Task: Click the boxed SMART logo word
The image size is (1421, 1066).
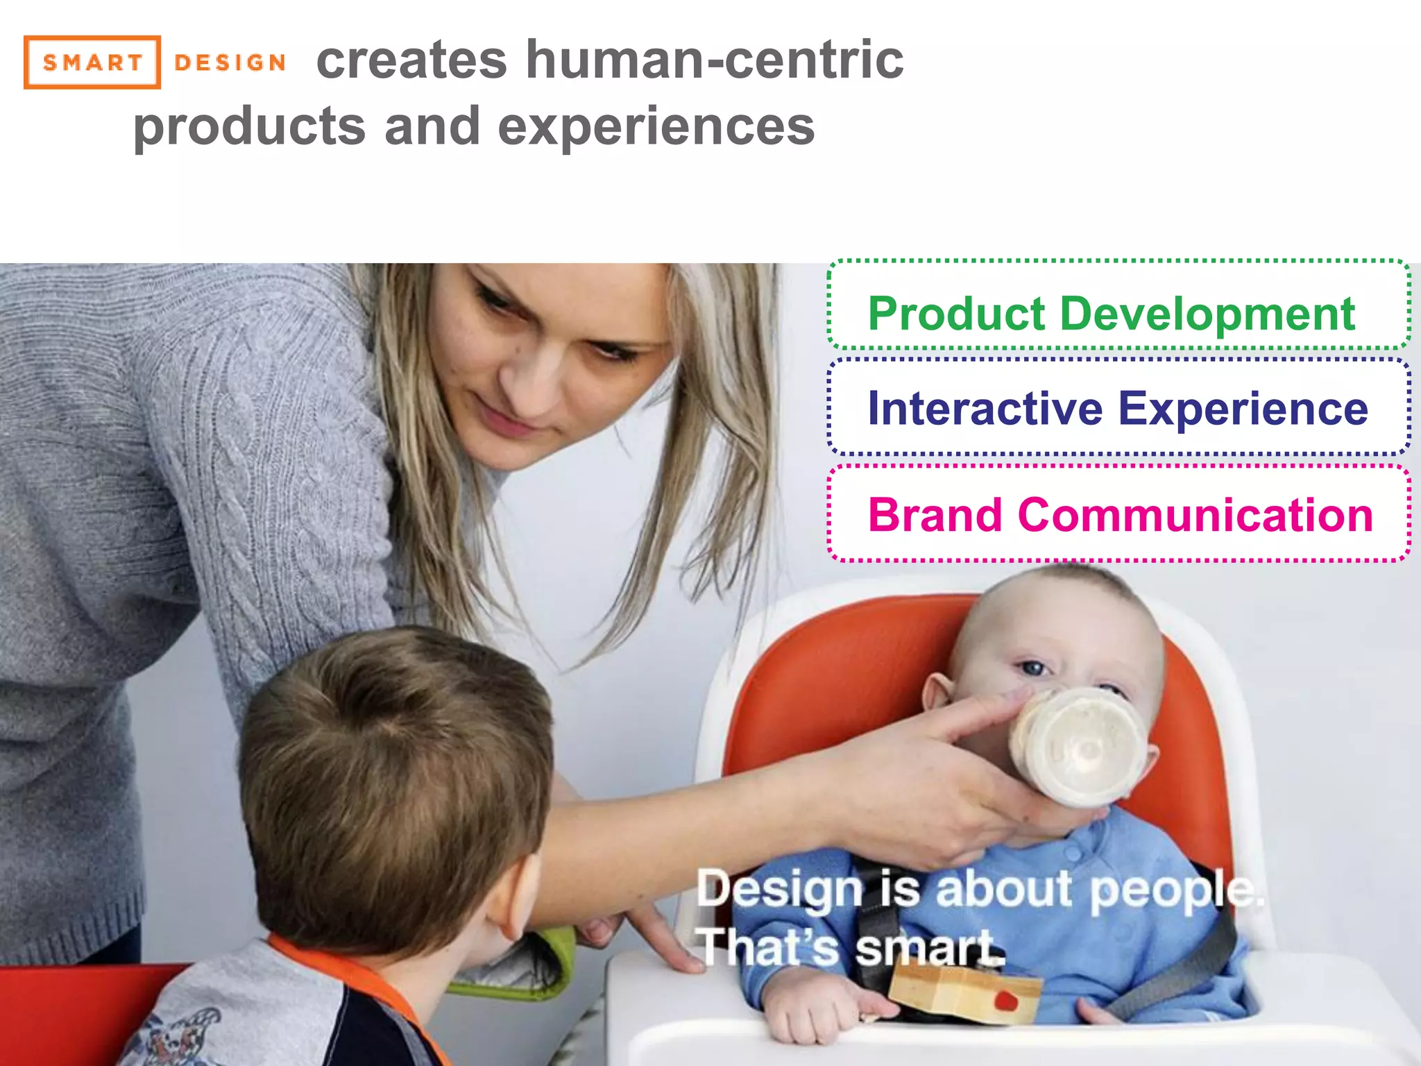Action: point(92,62)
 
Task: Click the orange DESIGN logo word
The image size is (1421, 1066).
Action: point(230,62)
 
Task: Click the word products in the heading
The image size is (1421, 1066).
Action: point(249,127)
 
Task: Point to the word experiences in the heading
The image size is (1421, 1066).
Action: point(656,127)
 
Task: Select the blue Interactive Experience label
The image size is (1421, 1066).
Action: point(1118,408)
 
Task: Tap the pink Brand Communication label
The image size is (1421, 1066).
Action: point(1121,515)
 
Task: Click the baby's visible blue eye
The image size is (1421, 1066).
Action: point(1034,668)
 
